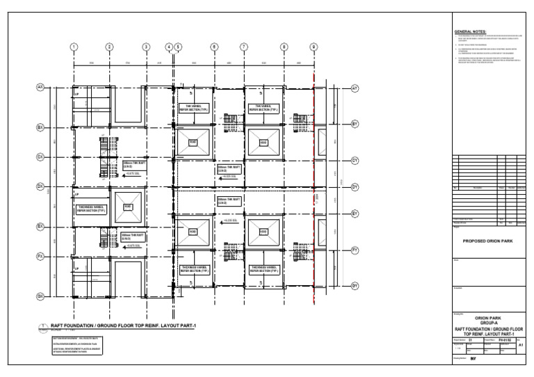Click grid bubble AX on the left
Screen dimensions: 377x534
40,88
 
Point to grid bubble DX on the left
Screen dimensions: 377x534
40,186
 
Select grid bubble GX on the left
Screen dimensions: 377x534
40,296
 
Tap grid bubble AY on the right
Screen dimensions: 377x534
355,89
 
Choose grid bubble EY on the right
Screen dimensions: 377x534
355,214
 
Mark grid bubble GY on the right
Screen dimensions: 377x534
355,286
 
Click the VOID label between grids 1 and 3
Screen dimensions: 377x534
128,207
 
